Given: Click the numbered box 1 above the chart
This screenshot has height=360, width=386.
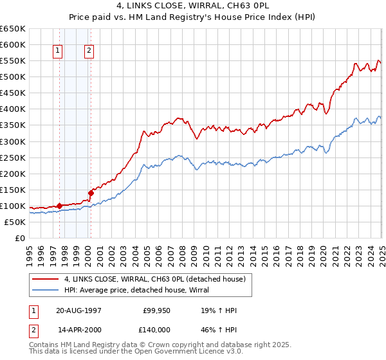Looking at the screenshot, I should click(x=59, y=51).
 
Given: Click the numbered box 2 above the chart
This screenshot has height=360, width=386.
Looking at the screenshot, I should click(x=89, y=51).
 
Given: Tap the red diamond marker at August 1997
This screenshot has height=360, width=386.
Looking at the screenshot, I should click(x=59, y=206).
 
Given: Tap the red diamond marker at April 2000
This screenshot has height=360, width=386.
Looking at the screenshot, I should click(x=91, y=192).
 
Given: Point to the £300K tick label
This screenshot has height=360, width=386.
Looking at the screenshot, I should click(x=13, y=141).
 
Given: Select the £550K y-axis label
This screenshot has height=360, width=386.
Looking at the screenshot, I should click(x=13, y=61).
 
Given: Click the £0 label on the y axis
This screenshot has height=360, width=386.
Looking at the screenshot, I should click(x=20, y=239).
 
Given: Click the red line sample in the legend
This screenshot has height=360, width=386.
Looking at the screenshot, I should click(x=46, y=279).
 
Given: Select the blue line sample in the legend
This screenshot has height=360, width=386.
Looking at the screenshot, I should click(x=46, y=290).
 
